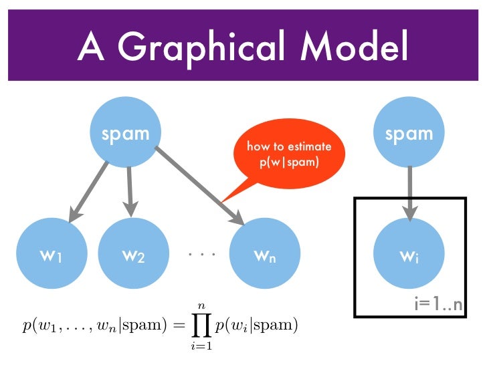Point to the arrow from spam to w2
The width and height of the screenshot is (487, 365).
(128, 191)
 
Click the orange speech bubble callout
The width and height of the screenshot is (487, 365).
(289, 155)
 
